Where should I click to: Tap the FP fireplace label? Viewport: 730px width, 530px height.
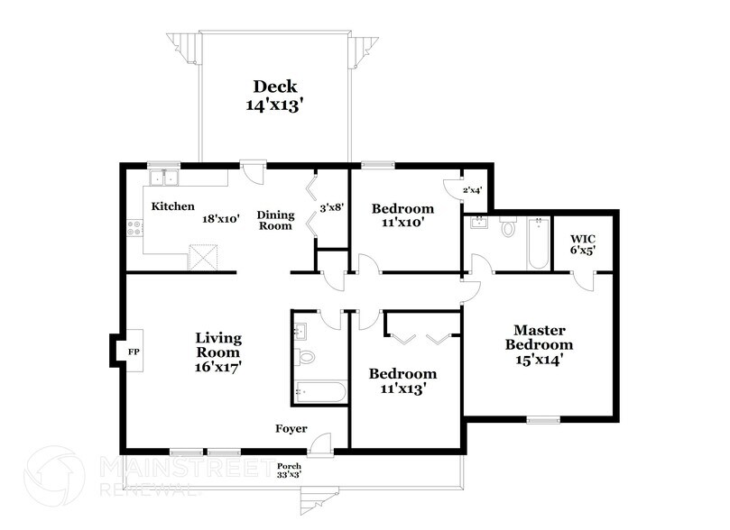click(133, 351)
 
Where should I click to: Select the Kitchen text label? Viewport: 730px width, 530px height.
click(172, 206)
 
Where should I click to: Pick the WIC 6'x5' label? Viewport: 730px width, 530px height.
click(583, 244)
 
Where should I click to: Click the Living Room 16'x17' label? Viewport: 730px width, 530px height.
click(218, 352)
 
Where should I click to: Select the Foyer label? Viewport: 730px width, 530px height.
click(291, 429)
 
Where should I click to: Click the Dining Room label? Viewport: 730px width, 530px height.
click(274, 220)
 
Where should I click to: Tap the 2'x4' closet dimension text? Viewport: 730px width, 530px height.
click(473, 190)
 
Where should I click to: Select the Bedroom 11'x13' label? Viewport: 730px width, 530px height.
click(403, 381)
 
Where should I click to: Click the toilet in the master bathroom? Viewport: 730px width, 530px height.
click(508, 228)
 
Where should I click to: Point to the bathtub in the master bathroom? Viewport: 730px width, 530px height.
click(537, 243)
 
